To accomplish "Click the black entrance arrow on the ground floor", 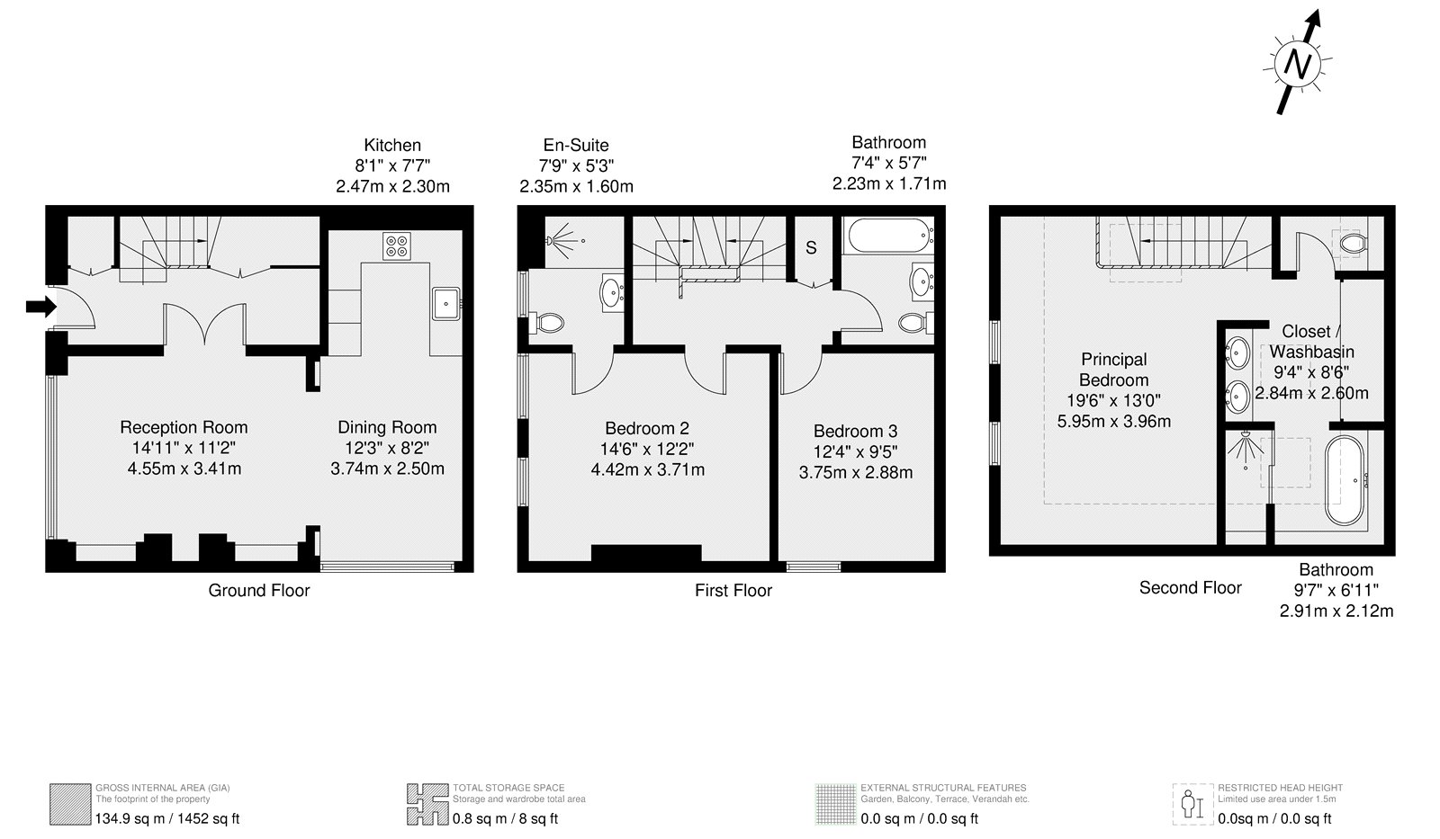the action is point(41,307).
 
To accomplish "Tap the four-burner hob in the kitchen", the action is point(397,246).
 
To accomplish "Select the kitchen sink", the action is point(445,304).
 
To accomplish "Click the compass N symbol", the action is point(1297,64).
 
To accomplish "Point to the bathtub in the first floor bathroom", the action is point(890,236).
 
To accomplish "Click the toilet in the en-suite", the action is point(546,323).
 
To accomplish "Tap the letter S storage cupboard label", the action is point(811,247).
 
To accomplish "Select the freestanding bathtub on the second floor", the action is point(1345,480).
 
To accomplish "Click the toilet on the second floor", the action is point(1352,244).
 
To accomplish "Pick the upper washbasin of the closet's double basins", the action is point(1238,353).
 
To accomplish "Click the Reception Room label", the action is point(184,427).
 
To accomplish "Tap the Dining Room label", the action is point(387,427).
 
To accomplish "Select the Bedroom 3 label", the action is point(856,431).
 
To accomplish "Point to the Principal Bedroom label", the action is point(1114,370).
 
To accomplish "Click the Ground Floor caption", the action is point(259,591).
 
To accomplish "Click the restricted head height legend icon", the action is point(1192,804).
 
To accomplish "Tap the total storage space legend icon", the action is point(427,804).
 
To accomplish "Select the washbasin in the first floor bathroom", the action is point(922,281).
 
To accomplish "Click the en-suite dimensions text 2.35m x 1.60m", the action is point(577,186).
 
